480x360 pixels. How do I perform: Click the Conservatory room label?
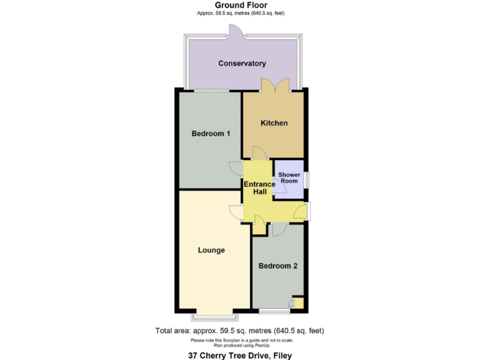pyautogui.click(x=242, y=63)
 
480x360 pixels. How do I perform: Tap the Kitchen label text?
pyautogui.click(x=274, y=123)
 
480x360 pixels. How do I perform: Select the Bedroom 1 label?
pyautogui.click(x=211, y=134)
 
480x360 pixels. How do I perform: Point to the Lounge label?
pyautogui.click(x=211, y=250)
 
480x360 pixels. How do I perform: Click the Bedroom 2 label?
pyautogui.click(x=277, y=266)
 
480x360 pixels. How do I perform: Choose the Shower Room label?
pyautogui.click(x=288, y=177)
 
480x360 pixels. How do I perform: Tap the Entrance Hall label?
pyautogui.click(x=259, y=187)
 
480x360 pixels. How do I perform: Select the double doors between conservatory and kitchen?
pyautogui.click(x=275, y=85)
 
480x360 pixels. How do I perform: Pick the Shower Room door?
pyautogui.click(x=279, y=190)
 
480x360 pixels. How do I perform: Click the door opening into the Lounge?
pyautogui.click(x=236, y=212)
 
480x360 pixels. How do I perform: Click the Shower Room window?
pyautogui.click(x=307, y=178)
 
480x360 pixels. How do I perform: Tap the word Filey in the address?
pyautogui.click(x=281, y=355)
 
